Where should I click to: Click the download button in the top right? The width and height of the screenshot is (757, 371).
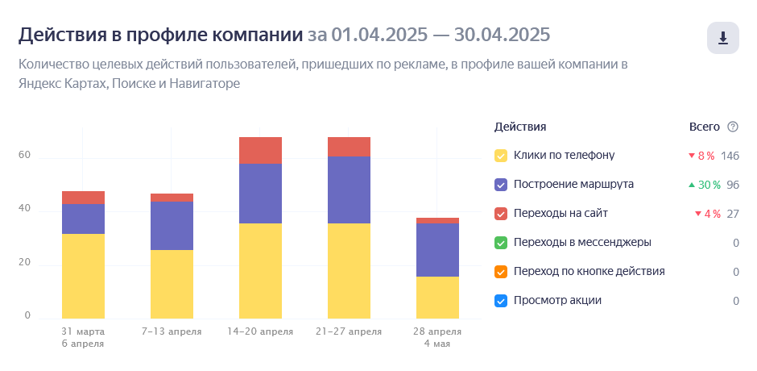point(722,38)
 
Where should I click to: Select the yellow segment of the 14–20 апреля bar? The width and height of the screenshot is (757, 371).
point(260,270)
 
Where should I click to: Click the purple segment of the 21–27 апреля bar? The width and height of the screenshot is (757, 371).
point(349,190)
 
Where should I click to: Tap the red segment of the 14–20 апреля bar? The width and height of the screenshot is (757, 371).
point(260,150)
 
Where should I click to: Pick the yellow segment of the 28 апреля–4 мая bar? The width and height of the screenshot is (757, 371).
point(437,297)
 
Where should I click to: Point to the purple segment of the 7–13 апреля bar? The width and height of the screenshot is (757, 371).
point(172,225)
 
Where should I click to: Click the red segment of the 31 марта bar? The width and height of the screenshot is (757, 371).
point(83,198)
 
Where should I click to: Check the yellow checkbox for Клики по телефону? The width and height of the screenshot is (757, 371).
point(501,156)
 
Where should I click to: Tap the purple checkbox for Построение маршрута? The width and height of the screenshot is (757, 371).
point(501,185)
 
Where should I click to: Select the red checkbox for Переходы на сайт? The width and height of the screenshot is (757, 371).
point(501,214)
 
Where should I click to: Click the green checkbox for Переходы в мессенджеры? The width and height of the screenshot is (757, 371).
point(501,243)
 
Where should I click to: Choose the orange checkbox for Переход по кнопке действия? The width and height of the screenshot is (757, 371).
point(501,272)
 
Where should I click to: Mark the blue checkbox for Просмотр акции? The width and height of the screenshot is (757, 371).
point(501,301)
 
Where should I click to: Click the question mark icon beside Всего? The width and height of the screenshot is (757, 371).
point(733,127)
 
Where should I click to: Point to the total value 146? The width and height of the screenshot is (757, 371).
point(730,156)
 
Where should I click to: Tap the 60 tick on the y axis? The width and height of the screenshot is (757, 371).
point(25,156)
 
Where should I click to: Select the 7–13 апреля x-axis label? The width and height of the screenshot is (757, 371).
point(172,331)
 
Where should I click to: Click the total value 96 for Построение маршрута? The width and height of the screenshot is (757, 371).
point(733,185)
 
